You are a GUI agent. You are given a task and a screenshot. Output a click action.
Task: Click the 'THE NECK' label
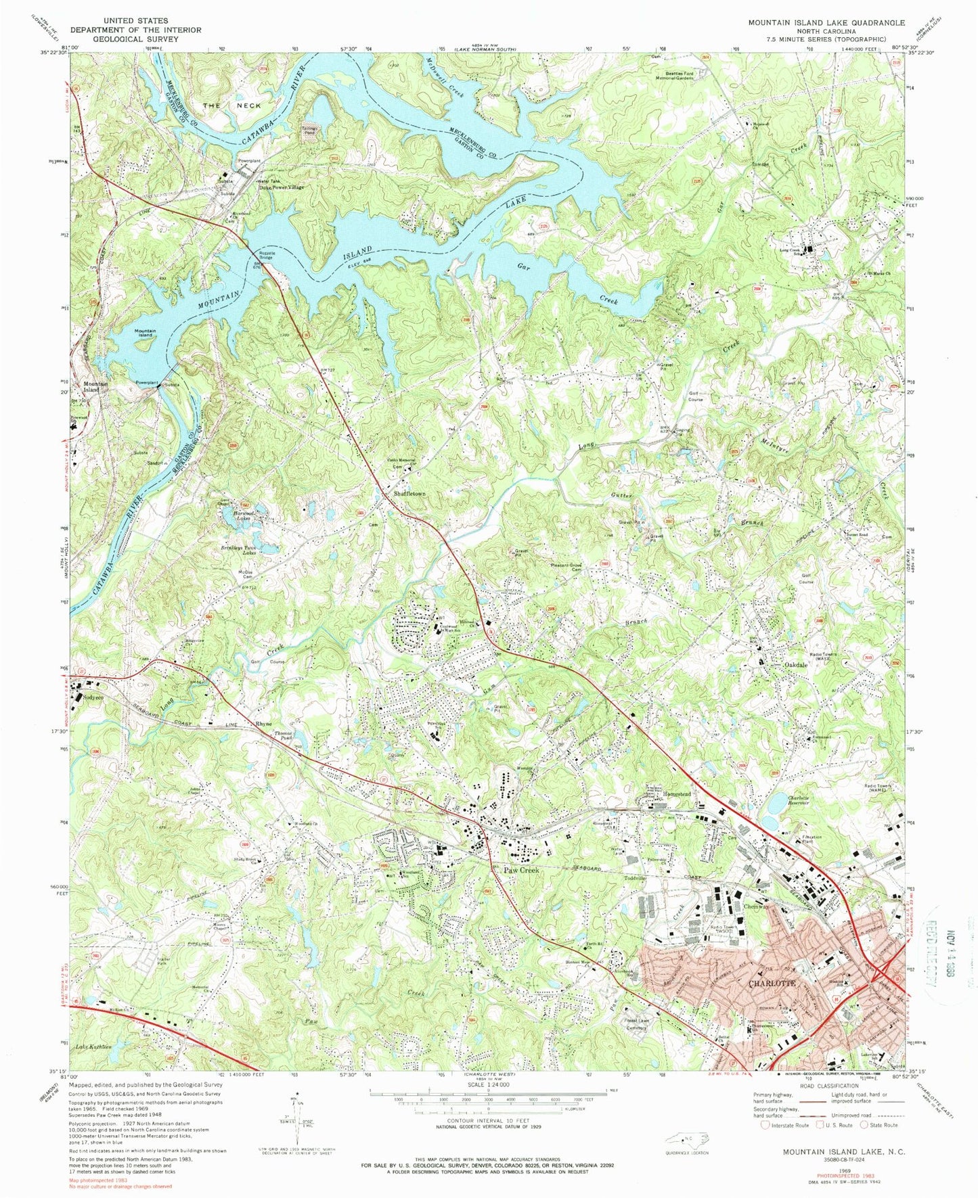pyautogui.click(x=232, y=106)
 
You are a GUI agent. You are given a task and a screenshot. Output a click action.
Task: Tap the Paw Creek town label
pyautogui.click(x=521, y=871)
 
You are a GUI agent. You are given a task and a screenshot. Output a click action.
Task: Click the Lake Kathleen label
pyautogui.click(x=94, y=1046)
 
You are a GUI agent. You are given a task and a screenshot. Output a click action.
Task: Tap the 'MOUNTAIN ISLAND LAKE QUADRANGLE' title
pyautogui.click(x=826, y=22)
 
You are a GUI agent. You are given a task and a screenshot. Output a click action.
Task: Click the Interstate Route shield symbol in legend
pyautogui.click(x=765, y=1126)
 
